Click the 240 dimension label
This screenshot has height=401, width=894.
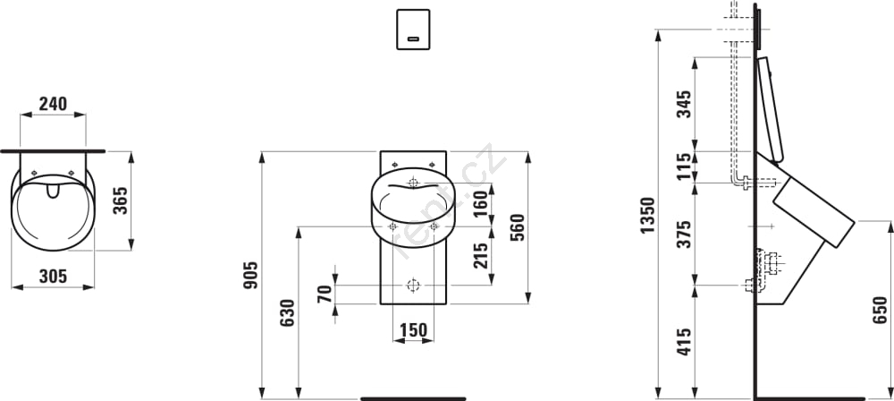click(53, 104)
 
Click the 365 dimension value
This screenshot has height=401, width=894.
click(121, 200)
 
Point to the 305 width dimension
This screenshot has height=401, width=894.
click(53, 277)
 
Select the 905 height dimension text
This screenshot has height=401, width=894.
click(251, 275)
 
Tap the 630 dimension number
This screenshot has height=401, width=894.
click(287, 313)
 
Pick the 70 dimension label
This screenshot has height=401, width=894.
click(325, 294)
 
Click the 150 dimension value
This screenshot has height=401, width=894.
click(413, 330)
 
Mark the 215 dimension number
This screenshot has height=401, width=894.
click(481, 256)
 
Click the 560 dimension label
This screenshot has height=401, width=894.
click(517, 227)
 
